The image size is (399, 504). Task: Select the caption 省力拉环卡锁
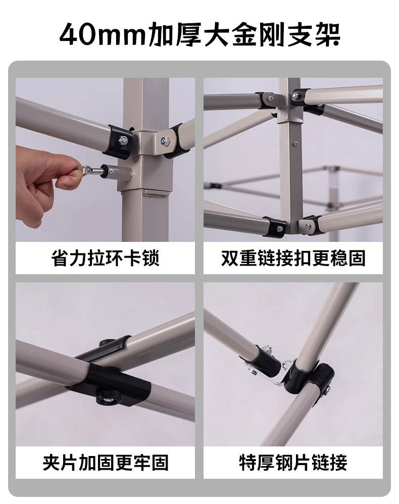(x=105, y=259)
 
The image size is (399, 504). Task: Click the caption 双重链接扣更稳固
(x=293, y=259)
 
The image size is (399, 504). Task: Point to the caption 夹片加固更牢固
(x=105, y=462)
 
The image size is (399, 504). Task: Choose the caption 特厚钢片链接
(x=293, y=462)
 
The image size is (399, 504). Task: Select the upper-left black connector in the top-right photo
(x=268, y=100)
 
